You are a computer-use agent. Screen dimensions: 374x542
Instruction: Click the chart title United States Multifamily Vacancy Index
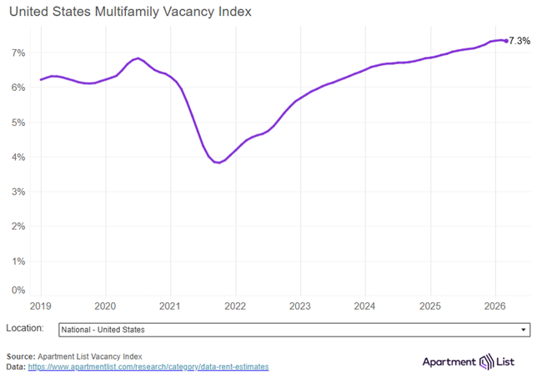click(128, 13)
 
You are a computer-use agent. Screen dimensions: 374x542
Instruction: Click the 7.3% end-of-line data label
click(519, 40)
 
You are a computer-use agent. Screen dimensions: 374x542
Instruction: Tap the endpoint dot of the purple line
click(505, 41)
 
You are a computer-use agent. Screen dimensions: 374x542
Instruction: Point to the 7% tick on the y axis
click(18, 53)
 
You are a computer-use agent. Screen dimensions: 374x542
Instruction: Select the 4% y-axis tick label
click(18, 157)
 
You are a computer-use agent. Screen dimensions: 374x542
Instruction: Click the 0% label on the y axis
click(18, 290)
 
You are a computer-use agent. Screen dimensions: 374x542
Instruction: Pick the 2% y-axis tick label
click(18, 226)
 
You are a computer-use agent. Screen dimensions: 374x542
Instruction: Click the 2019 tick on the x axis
click(40, 306)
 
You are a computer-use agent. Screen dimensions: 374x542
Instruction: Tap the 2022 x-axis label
click(234, 306)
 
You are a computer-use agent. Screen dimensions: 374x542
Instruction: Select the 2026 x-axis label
click(494, 306)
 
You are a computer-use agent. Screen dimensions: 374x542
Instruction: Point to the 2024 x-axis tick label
click(364, 306)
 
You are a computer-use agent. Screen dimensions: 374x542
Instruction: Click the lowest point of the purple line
click(218, 163)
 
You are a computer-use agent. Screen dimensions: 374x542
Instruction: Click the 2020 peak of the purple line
click(138, 58)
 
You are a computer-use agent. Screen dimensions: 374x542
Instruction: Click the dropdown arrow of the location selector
click(524, 330)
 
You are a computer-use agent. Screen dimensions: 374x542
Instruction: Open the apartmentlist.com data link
click(148, 366)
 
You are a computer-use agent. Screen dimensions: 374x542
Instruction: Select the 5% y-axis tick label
click(18, 122)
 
